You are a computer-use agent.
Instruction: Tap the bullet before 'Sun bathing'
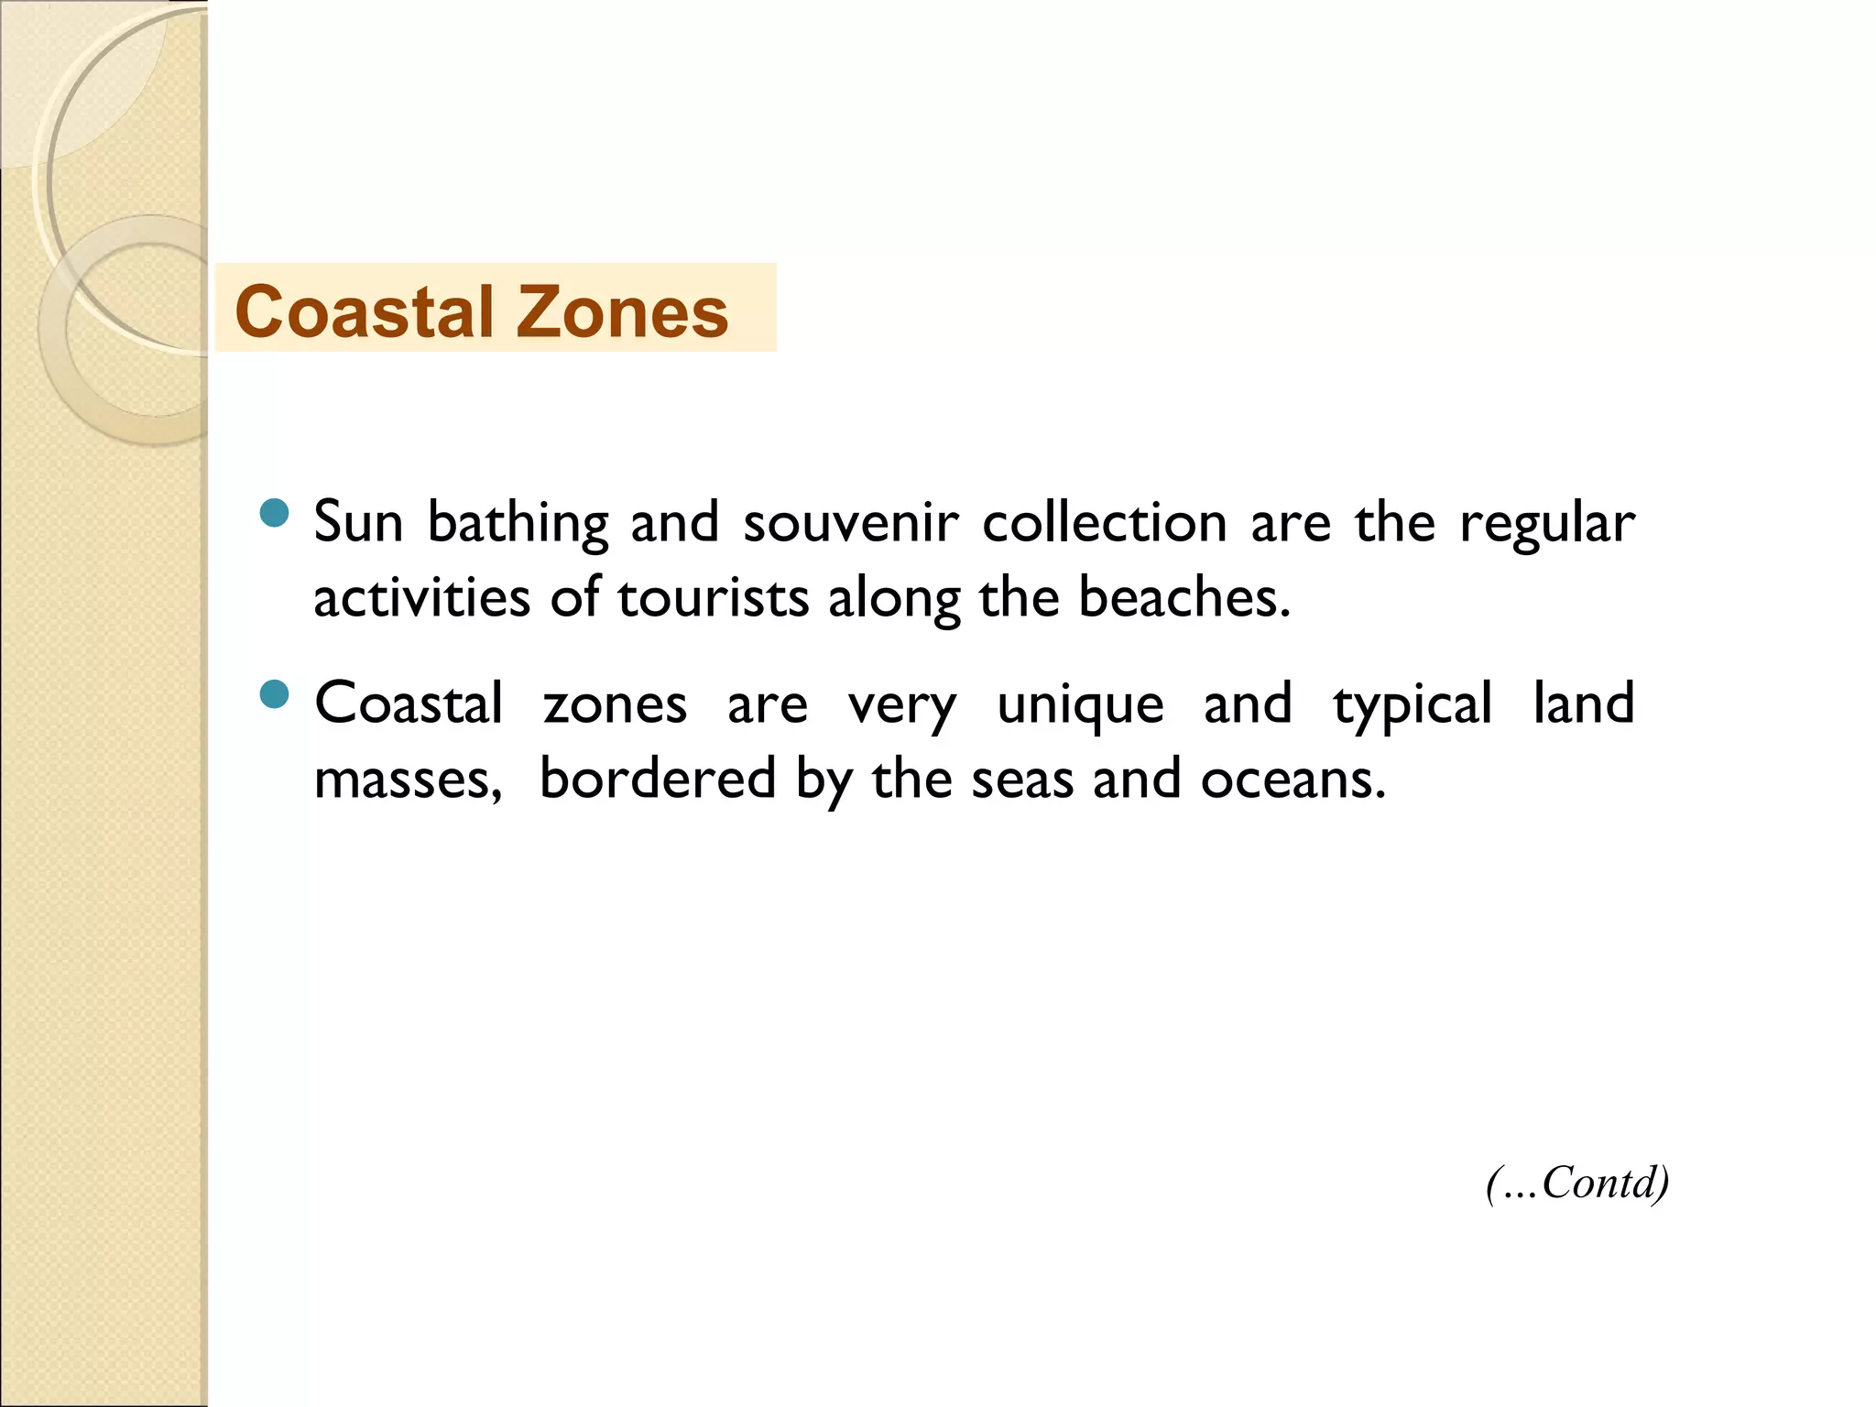click(x=274, y=514)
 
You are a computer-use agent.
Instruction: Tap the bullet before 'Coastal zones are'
click(x=274, y=694)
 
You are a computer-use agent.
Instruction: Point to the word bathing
click(x=518, y=525)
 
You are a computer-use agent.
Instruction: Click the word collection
click(x=1104, y=523)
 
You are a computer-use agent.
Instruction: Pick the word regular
click(x=1546, y=525)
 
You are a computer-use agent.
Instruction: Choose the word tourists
click(x=713, y=598)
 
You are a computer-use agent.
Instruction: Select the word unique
click(x=1080, y=706)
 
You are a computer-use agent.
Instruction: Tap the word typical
click(x=1412, y=706)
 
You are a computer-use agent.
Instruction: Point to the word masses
click(x=407, y=780)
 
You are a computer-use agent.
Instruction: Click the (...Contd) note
click(x=1576, y=1183)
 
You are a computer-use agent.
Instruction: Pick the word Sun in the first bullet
click(x=358, y=523)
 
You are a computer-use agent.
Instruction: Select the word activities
click(x=421, y=598)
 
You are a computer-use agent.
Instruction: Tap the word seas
click(x=1021, y=780)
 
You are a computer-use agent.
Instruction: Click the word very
click(x=901, y=706)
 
